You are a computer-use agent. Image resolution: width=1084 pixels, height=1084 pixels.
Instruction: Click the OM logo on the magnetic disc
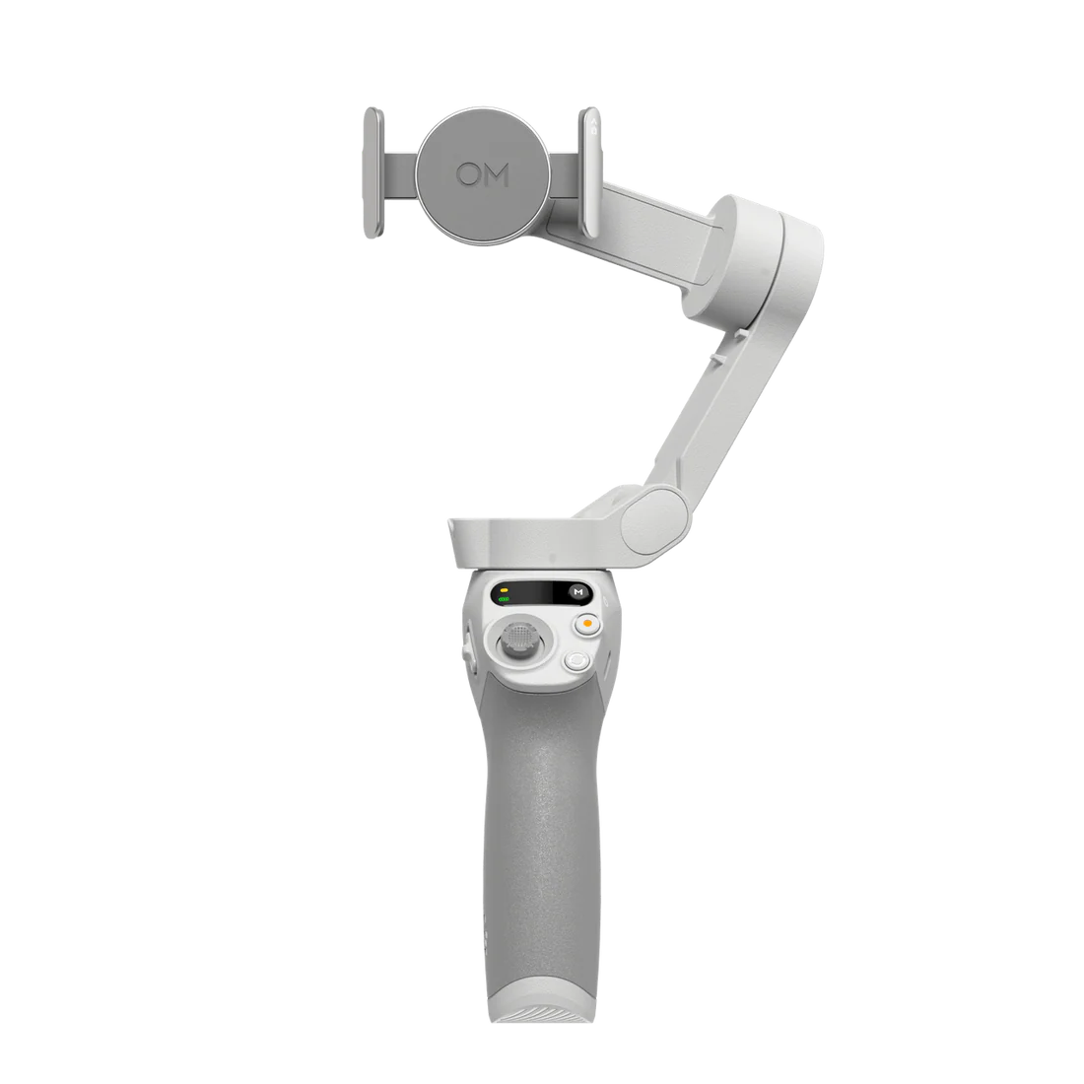tap(482, 175)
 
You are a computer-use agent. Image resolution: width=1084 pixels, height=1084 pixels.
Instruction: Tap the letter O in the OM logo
tap(468, 175)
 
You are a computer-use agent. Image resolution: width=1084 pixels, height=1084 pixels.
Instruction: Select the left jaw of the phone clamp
tap(369, 172)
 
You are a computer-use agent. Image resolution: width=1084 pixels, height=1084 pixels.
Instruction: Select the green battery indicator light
tap(504, 597)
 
